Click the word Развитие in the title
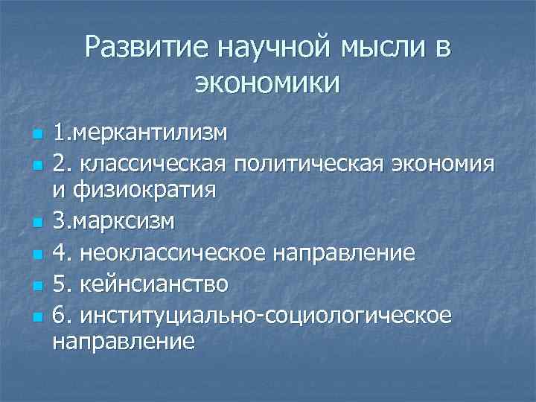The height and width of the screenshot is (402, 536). pos(146,47)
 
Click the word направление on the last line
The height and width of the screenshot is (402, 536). pos(124,342)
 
